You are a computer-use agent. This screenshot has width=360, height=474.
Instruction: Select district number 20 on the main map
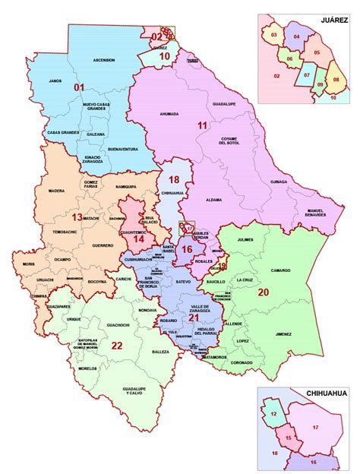coord(264,292)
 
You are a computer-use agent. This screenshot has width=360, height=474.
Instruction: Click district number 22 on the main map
coord(117,345)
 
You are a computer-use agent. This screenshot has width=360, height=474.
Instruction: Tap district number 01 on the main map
coord(78,87)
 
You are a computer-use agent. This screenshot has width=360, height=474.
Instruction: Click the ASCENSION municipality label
coord(104,60)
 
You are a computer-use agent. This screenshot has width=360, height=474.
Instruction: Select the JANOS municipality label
coord(54,80)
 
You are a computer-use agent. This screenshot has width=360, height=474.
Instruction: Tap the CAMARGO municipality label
coord(279,270)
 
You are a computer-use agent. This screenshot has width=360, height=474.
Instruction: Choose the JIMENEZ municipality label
coord(283,333)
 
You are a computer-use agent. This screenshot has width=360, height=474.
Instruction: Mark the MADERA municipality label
coord(55,191)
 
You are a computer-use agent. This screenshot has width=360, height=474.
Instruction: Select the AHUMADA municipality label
coord(169,114)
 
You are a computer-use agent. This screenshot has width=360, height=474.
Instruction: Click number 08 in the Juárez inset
coord(335,56)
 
